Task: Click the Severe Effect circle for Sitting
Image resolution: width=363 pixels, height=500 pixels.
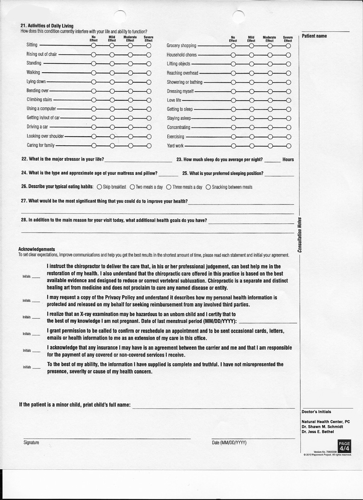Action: click(149, 45)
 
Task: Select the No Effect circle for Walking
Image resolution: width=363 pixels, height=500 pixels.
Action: click(93, 72)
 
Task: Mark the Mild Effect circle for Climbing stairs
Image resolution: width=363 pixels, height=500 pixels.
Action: click(112, 100)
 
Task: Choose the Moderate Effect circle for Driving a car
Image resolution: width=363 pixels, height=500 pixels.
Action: click(130, 127)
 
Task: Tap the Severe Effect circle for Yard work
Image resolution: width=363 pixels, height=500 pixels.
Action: click(288, 146)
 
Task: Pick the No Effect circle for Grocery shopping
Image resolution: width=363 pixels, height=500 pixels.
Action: click(233, 45)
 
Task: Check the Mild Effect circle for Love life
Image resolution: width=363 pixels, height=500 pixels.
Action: click(251, 100)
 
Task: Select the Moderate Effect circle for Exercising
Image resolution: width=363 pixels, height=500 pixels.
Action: click(270, 137)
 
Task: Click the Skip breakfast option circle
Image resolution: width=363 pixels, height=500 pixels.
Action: click(99, 187)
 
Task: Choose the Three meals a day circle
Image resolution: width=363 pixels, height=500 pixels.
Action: click(169, 187)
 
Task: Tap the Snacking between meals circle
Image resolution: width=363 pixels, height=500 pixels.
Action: click(208, 187)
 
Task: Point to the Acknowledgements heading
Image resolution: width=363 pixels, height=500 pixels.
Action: click(36, 249)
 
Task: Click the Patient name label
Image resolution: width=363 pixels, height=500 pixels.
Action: click(314, 36)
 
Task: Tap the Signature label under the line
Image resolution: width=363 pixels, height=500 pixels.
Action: click(31, 443)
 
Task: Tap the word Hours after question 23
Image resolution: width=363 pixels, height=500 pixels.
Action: click(288, 160)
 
